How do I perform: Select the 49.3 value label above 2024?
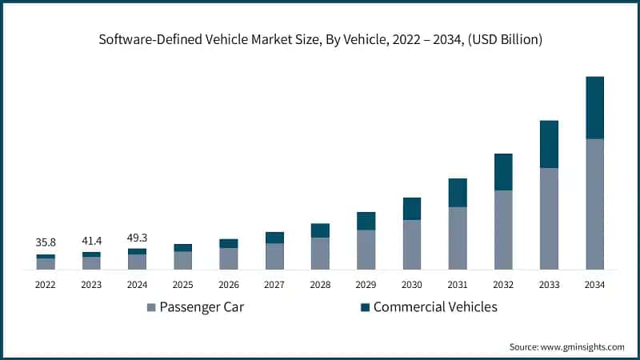tap(137, 237)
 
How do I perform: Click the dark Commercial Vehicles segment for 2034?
tap(594, 108)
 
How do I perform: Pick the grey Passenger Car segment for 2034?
tap(594, 204)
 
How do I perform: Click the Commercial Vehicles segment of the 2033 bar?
tap(549, 144)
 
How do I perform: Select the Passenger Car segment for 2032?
tap(503, 230)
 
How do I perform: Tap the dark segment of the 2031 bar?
tap(458, 193)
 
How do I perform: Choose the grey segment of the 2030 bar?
tap(412, 244)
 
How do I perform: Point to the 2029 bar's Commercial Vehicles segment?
tap(366, 221)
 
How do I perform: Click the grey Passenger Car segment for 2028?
tap(320, 253)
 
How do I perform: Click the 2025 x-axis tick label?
tap(182, 285)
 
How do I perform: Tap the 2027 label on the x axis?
tap(274, 285)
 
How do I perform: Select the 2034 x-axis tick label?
tap(594, 285)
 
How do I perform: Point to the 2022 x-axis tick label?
tap(46, 285)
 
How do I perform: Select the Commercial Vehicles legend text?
tap(435, 307)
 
